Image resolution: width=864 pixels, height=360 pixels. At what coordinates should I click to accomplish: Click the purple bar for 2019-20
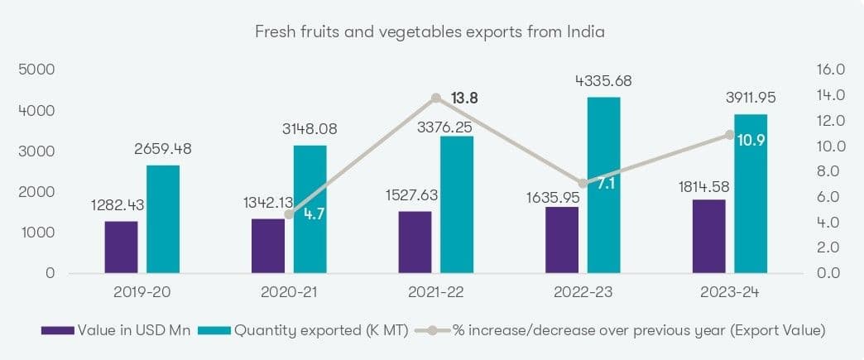(121, 247)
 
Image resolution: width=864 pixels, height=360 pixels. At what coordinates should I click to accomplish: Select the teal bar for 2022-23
(603, 185)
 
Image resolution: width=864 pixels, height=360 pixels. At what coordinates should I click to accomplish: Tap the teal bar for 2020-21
(310, 209)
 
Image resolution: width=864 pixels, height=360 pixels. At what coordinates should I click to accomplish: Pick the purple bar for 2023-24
(708, 236)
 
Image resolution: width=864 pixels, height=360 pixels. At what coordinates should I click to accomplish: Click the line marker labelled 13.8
(436, 98)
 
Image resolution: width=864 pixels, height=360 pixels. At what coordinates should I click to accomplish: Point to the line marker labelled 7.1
(583, 183)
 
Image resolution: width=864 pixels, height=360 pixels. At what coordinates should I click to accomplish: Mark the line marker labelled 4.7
(289, 214)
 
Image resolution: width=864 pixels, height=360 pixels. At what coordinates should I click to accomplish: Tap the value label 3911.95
(751, 98)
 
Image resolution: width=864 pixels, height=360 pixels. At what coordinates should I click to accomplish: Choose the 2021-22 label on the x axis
(436, 291)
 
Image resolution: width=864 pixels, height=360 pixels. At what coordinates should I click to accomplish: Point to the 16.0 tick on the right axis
(825, 70)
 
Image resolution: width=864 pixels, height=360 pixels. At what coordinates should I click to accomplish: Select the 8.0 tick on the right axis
(825, 171)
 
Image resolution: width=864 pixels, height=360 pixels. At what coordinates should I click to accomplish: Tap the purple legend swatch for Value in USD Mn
(58, 330)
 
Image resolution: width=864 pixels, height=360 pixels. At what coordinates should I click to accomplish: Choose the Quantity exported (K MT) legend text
(321, 330)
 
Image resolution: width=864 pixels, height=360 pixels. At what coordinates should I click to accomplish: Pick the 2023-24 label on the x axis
(729, 291)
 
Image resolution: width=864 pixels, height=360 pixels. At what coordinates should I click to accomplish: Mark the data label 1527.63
(410, 195)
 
